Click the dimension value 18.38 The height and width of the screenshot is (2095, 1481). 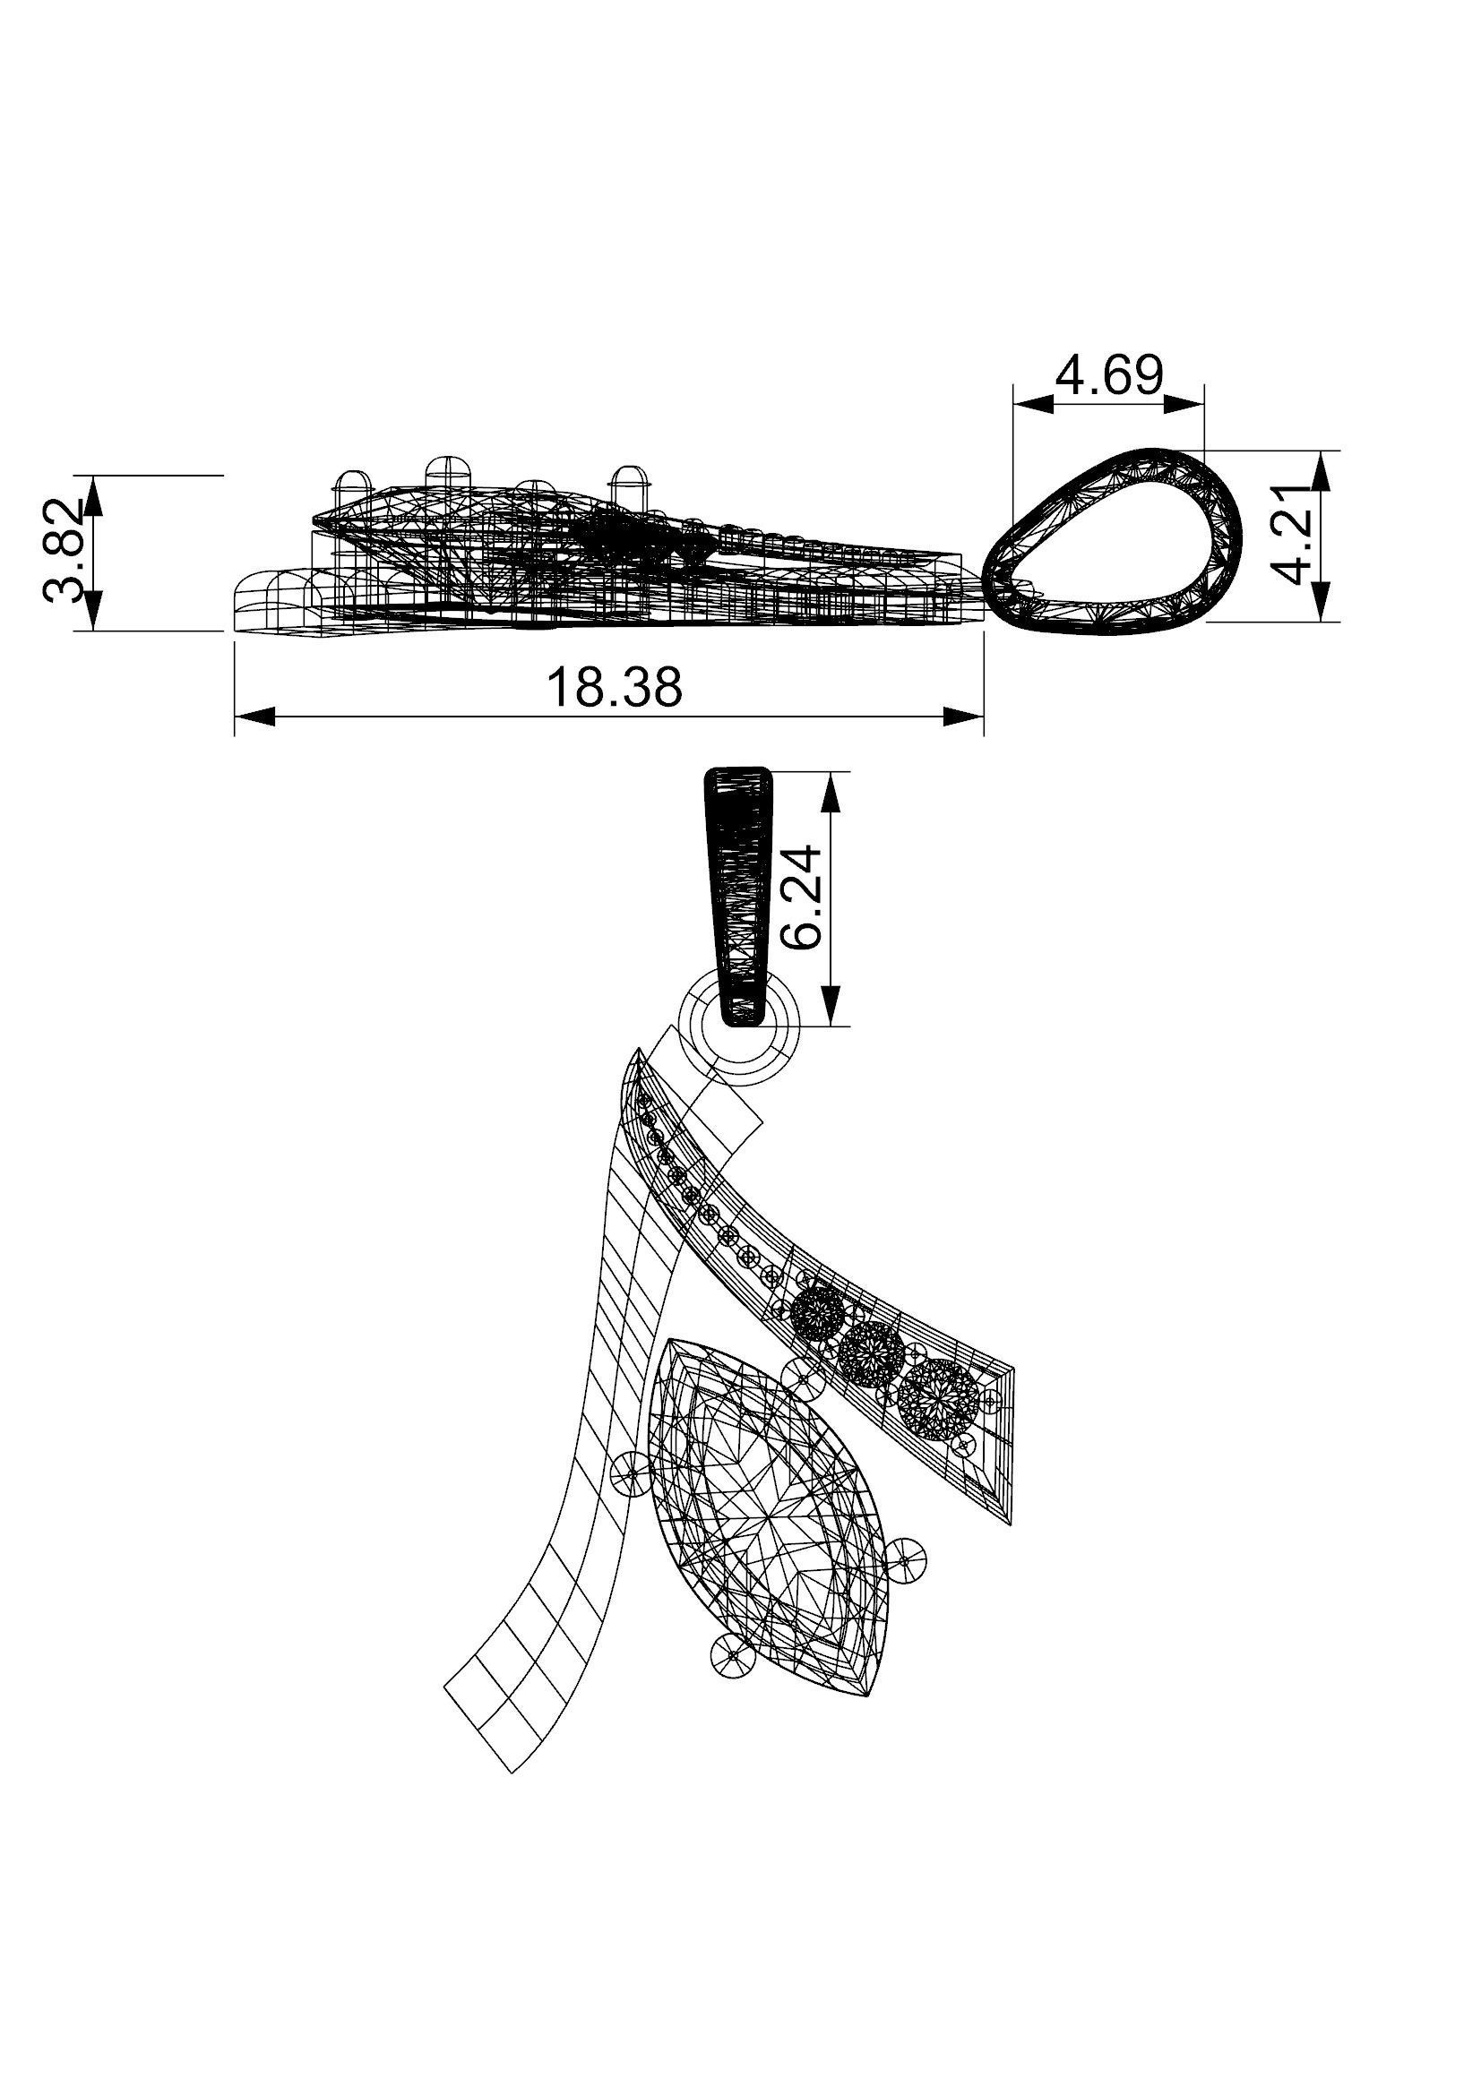click(613, 688)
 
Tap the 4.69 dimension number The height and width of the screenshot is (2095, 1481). click(1108, 374)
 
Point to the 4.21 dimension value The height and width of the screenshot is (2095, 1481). click(1295, 545)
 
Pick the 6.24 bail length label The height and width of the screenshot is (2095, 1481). click(803, 898)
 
